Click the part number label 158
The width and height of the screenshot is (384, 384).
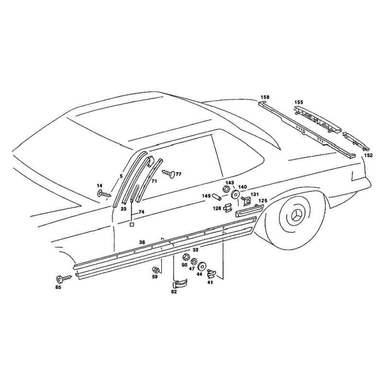tap(265, 97)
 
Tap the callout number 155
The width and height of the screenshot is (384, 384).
tap(299, 102)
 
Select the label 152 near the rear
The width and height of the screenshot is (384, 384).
tap(368, 155)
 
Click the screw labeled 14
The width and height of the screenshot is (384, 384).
tap(104, 194)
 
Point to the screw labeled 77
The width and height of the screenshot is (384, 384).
tap(169, 173)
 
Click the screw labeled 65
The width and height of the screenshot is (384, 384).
tap(64, 278)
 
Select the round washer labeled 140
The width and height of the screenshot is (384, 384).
tap(236, 194)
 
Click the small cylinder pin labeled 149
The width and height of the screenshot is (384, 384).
tap(216, 196)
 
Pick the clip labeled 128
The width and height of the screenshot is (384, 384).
tap(228, 208)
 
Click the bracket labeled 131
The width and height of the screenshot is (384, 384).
tap(246, 200)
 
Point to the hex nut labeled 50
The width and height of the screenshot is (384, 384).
tap(185, 257)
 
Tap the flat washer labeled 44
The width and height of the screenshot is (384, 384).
tap(202, 266)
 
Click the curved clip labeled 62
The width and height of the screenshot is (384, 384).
tap(180, 284)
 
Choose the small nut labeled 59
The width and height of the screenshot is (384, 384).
tap(155, 270)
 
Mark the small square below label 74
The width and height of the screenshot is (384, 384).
tap(132, 224)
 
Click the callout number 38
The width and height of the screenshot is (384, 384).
tap(142, 242)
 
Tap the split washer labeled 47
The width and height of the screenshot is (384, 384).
tap(194, 261)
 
